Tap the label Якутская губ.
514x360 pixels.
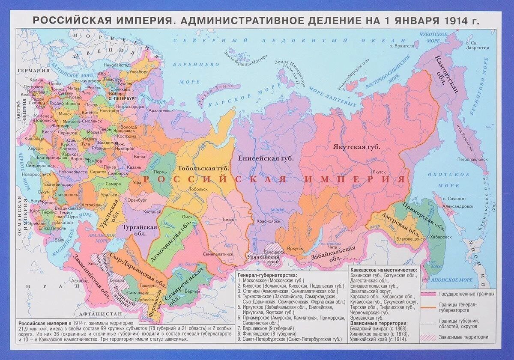coord(357,147)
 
